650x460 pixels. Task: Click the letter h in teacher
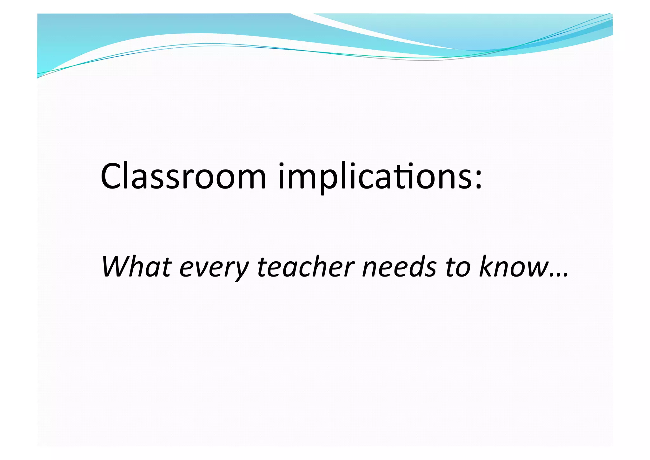point(328,266)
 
